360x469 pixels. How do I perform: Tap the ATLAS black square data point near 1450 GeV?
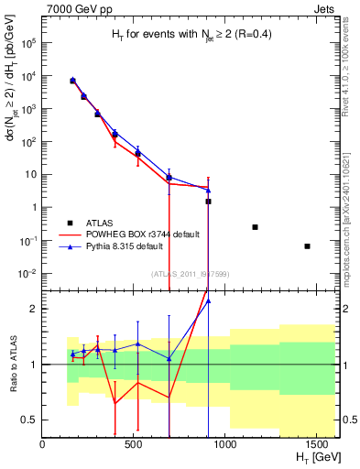coord(307,245)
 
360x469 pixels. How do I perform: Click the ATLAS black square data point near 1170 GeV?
coord(255,226)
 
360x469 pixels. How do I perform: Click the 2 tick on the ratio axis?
coord(34,309)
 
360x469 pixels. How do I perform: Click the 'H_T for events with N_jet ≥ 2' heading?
coord(186,34)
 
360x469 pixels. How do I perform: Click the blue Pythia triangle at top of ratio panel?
coord(208,300)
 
